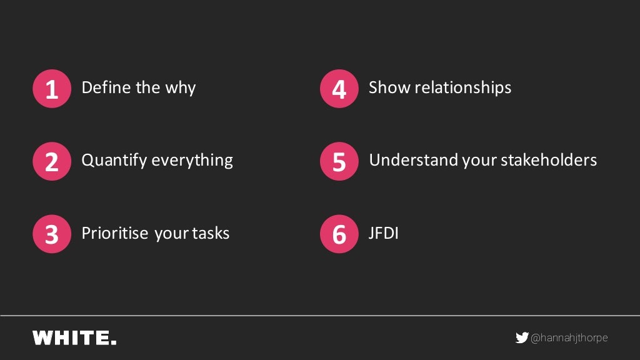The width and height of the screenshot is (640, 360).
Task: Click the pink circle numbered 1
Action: click(52, 89)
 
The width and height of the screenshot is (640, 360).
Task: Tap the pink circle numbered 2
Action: click(52, 161)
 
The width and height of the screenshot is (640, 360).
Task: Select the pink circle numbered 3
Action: click(52, 234)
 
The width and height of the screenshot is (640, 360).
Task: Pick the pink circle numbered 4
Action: click(339, 89)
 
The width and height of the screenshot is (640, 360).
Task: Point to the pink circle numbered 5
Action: click(339, 161)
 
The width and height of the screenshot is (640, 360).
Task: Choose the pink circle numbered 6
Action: click(339, 234)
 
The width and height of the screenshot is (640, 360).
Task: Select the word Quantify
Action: click(114, 161)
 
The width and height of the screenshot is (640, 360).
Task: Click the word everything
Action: click(192, 161)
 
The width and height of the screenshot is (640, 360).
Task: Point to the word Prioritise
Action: click(115, 233)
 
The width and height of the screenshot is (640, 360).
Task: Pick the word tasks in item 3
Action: click(211, 233)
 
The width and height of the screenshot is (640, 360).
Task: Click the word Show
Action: click(388, 87)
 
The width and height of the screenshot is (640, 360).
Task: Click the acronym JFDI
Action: click(383, 233)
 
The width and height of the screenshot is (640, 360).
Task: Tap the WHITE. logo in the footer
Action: click(74, 338)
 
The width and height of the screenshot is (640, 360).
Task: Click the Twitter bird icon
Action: click(521, 338)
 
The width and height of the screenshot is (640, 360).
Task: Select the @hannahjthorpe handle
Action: click(569, 338)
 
